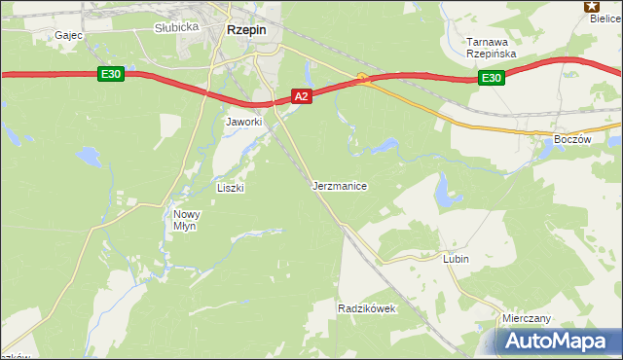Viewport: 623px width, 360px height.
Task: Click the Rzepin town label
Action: (246, 30)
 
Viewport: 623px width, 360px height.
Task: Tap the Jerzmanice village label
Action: (340, 185)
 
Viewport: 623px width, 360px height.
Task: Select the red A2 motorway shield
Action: (302, 96)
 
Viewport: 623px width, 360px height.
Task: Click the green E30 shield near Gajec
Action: (109, 74)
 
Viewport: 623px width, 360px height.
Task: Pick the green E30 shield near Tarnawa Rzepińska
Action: (493, 79)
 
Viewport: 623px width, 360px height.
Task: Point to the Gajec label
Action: (69, 35)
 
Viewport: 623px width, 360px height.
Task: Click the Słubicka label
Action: (176, 27)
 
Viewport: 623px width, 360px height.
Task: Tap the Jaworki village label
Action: (244, 122)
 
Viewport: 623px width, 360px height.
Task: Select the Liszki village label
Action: (230, 188)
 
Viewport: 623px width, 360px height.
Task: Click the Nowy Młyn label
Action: (185, 220)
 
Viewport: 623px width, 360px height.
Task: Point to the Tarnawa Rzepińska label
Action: (490, 48)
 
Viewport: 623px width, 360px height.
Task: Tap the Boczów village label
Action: (571, 139)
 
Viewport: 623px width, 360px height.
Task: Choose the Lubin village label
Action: (456, 260)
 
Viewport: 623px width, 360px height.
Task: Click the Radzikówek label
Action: (366, 308)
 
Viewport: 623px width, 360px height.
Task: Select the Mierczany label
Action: (526, 318)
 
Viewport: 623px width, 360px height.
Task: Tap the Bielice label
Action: (605, 18)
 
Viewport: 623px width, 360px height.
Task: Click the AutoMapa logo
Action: (555, 342)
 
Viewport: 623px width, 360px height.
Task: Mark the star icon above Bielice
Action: (591, 5)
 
